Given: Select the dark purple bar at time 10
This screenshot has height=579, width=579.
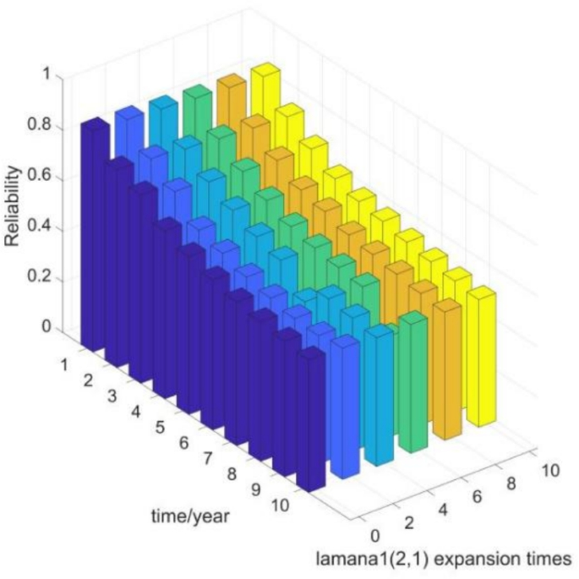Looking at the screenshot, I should coord(312,423).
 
